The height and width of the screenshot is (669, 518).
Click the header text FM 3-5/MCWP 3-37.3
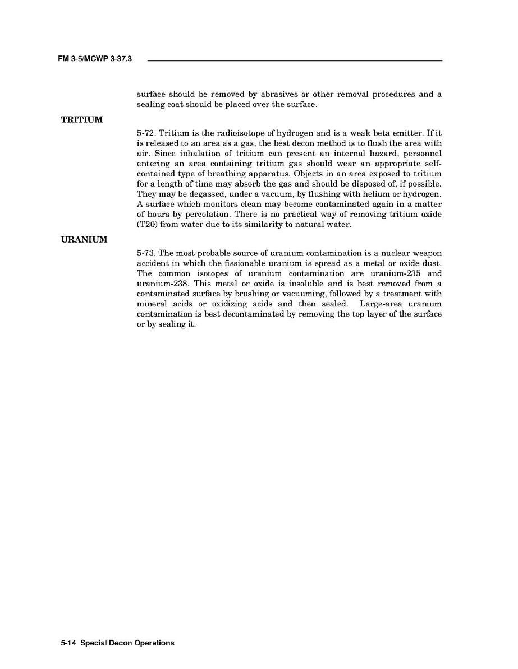94,58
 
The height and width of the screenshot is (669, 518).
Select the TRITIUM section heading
82,120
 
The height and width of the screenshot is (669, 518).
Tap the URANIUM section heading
84,240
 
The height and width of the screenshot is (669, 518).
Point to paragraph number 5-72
146,133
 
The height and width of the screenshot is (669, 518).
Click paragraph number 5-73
146,253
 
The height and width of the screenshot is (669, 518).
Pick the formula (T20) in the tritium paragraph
148,224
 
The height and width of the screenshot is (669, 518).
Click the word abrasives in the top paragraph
272,94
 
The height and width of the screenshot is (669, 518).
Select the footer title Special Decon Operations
127,643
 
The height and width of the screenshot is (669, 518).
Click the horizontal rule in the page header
295,60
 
